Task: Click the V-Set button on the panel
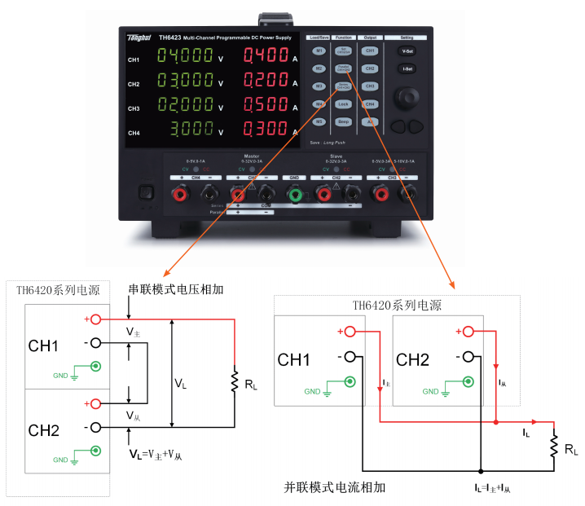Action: coord(408,51)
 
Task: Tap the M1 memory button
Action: coord(319,51)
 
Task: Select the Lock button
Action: coord(344,104)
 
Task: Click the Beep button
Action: coord(344,122)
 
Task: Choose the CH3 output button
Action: coord(370,86)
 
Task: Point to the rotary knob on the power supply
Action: coord(408,99)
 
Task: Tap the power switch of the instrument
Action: coord(147,194)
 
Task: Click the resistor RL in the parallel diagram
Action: coord(553,447)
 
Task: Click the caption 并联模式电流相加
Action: coord(334,487)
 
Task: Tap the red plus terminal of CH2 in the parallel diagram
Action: coord(466,332)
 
